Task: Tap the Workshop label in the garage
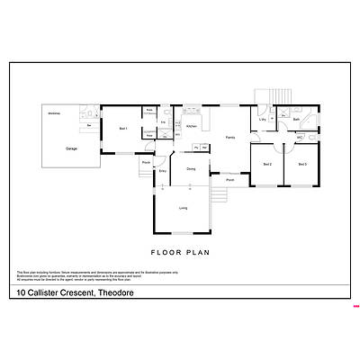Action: pyautogui.click(x=53, y=112)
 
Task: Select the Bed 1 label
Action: pyautogui.click(x=123, y=129)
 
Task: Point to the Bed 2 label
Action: pyautogui.click(x=267, y=164)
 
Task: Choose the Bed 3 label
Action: pyautogui.click(x=301, y=164)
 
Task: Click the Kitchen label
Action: pyautogui.click(x=191, y=126)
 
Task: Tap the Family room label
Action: pyautogui.click(x=230, y=137)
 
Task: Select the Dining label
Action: pyautogui.click(x=191, y=168)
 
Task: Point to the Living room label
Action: pyautogui.click(x=183, y=208)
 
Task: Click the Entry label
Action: pyautogui.click(x=163, y=170)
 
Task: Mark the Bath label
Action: pyautogui.click(x=296, y=119)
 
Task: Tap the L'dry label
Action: pyautogui.click(x=263, y=119)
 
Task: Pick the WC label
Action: pyautogui.click(x=297, y=138)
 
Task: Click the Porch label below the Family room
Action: pyautogui.click(x=230, y=180)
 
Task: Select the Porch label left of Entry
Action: pyautogui.click(x=146, y=162)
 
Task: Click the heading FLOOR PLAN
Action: pyautogui.click(x=180, y=253)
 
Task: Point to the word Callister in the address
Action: pyautogui.click(x=45, y=293)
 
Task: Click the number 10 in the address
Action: pyautogui.click(x=21, y=293)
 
